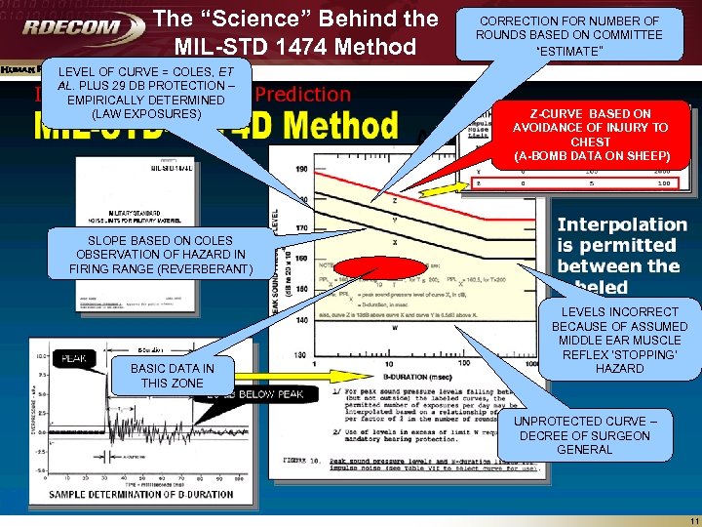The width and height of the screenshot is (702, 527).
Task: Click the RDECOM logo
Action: tap(74, 26)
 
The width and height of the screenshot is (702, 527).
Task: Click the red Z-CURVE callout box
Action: tap(591, 135)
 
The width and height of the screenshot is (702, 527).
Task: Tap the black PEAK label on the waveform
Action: tap(75, 359)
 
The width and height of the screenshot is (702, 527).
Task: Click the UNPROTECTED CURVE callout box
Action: tap(584, 435)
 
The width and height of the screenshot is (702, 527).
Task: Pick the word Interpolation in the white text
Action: tap(622, 224)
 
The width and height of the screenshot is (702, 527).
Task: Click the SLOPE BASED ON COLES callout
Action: tap(160, 255)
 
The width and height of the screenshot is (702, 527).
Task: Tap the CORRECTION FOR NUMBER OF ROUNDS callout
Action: tap(568, 35)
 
